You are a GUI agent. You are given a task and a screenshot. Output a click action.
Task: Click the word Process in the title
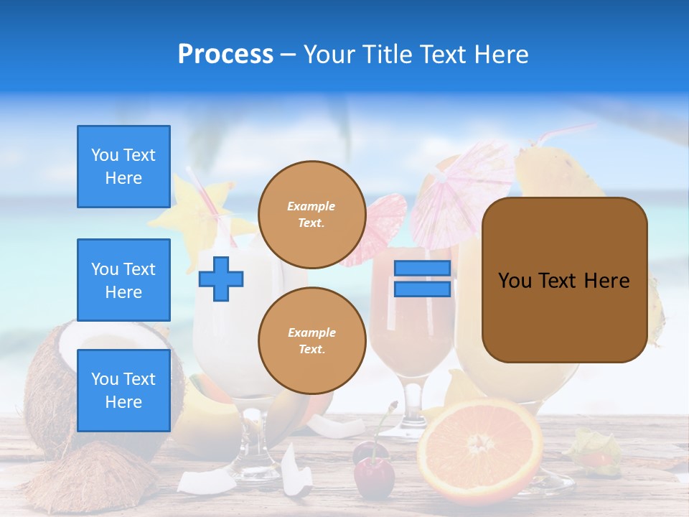[225, 55]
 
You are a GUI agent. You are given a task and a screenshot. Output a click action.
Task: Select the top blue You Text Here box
[123, 167]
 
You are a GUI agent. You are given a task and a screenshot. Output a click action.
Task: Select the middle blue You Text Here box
[123, 280]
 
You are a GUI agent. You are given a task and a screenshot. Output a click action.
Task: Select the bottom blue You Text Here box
[123, 390]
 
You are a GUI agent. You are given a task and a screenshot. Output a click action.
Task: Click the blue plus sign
[221, 279]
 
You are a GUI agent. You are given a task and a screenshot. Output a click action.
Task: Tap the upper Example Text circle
[311, 215]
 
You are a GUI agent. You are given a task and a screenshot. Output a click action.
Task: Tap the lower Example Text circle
[311, 341]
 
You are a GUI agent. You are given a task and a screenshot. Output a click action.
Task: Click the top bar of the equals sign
[422, 269]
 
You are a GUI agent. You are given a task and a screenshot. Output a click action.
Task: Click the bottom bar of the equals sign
[422, 289]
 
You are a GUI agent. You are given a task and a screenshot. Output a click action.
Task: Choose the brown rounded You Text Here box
[564, 280]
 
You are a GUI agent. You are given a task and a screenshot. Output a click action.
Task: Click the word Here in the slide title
[500, 55]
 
